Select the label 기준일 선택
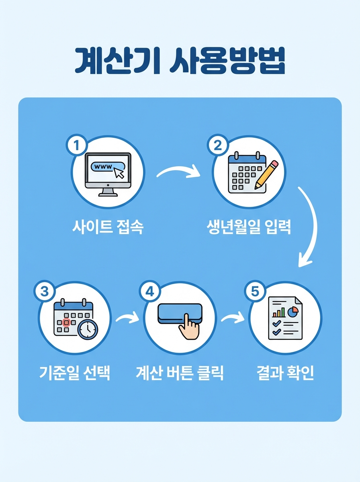coord(75,374)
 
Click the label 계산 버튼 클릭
coord(180,374)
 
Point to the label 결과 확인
coord(285,374)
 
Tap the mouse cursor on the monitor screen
coord(119,173)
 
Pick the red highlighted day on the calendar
coord(67,322)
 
